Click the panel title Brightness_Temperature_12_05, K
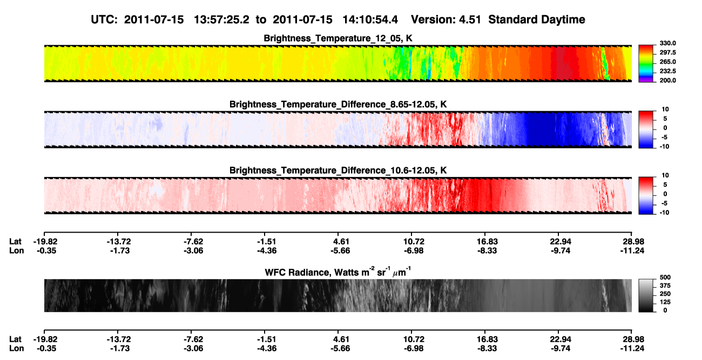338,38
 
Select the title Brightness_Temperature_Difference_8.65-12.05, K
338,104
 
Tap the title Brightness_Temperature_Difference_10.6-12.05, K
338,171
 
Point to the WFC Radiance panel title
338,272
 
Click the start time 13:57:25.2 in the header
221,20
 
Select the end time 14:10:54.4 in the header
370,20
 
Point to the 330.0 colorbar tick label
667,43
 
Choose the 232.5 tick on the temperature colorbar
667,71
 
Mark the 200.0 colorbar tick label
667,80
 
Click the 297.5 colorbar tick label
667,53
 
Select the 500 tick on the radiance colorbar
665,277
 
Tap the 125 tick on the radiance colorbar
665,302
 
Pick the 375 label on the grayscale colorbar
665,286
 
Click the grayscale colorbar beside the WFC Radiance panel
646,295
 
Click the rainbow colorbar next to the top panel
646,64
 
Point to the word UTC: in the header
104,20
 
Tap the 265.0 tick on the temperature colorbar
667,62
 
